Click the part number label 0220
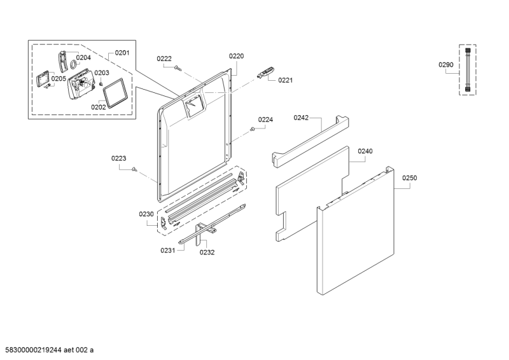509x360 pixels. (x=236, y=56)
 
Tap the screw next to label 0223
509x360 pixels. (x=136, y=169)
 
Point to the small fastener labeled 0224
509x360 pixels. (x=253, y=129)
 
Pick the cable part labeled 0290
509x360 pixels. (x=468, y=70)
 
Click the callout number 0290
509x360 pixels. (x=446, y=65)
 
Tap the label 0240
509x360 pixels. (x=365, y=151)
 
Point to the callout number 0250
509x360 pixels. (x=409, y=178)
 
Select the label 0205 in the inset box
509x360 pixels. (x=59, y=79)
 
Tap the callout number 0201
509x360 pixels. (x=122, y=53)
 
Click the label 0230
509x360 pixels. (x=146, y=214)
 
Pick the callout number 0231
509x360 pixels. (x=167, y=251)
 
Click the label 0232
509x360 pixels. (x=207, y=252)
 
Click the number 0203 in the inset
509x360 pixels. (x=102, y=73)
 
